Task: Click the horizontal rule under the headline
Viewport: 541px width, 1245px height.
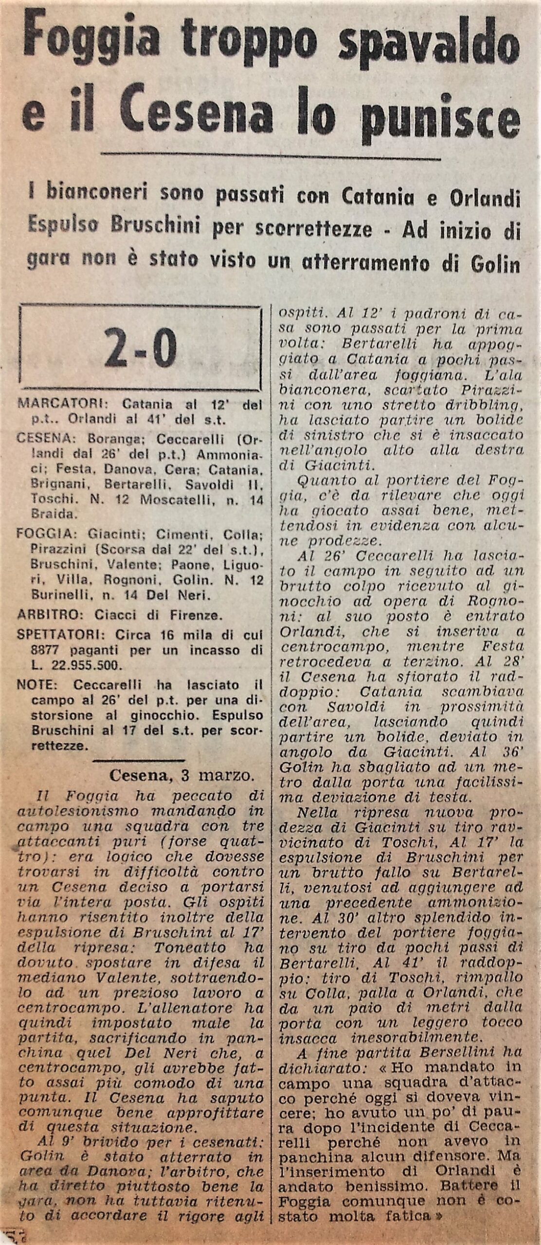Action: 270,157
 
